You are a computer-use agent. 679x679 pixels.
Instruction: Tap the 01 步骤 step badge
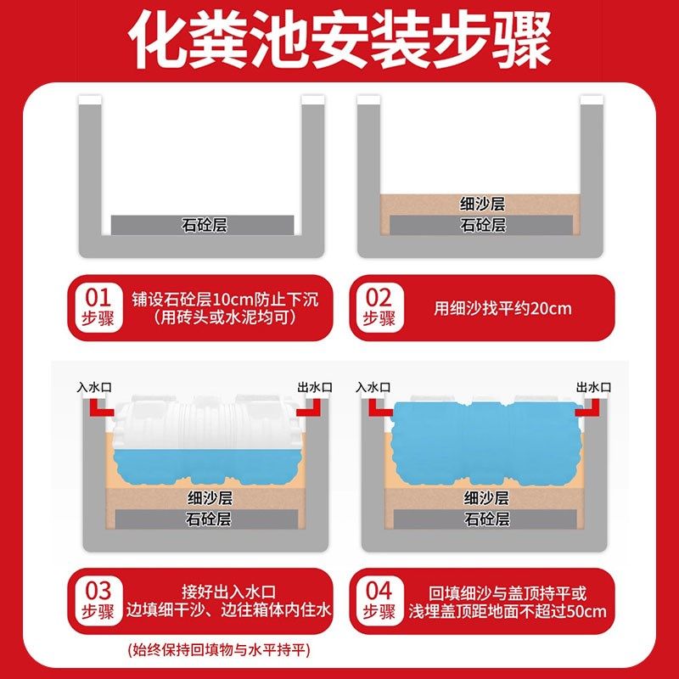coord(100,307)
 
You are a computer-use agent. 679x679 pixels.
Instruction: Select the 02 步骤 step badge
coord(379,307)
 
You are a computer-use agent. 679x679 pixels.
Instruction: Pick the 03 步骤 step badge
coord(100,600)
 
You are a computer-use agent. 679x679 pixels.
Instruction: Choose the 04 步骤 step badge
coord(379,600)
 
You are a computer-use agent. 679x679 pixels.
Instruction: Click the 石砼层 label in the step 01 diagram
coord(205,225)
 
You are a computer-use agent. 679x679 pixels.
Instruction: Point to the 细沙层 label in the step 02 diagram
coord(483,204)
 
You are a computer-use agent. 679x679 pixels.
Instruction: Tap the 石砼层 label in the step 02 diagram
coord(483,225)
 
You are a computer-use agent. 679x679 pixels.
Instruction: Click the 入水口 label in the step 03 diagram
coord(93,387)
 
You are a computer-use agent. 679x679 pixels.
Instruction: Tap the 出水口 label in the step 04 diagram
coord(593,387)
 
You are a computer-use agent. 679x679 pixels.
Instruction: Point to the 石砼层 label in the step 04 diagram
coord(485,519)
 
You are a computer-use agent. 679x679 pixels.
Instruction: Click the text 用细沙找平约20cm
coord(502,308)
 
